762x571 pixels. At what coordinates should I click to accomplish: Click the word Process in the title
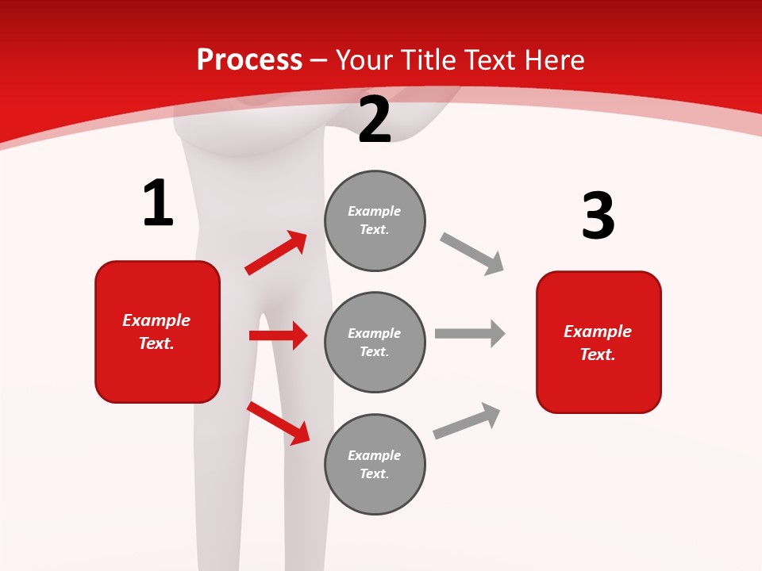249,60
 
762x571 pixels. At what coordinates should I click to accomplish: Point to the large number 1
158,204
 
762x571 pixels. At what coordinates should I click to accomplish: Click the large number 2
375,121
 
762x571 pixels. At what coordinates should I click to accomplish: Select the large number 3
598,217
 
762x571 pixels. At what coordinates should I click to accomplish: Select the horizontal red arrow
278,335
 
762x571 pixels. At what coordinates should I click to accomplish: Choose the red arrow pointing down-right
278,422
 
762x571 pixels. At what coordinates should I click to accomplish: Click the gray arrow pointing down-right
471,253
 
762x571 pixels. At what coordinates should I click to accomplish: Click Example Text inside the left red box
156,331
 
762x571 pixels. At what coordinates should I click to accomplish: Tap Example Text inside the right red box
598,343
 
